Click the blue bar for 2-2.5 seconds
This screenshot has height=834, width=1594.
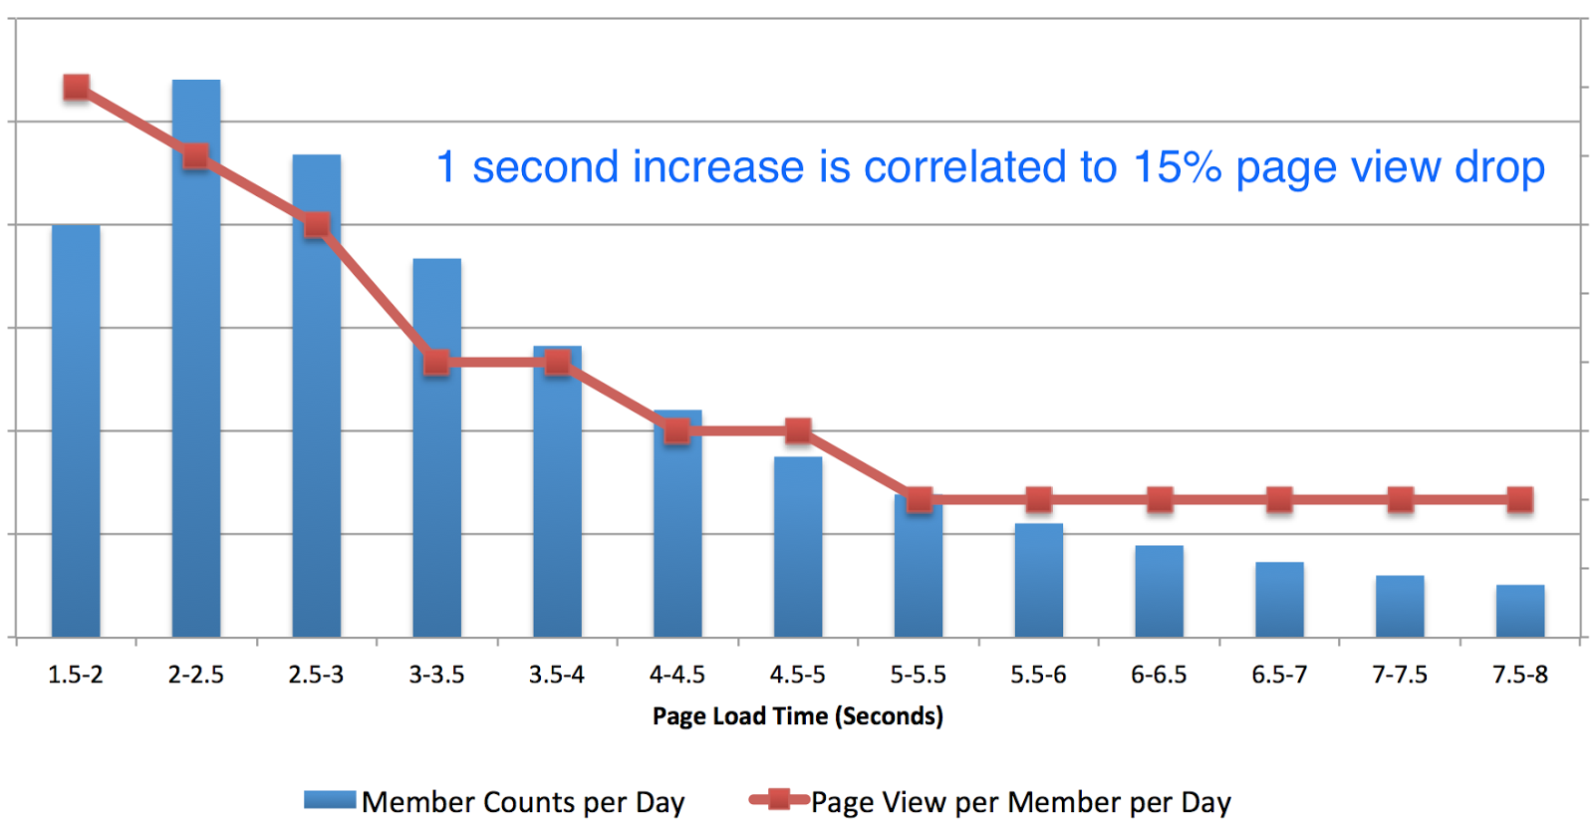tap(196, 399)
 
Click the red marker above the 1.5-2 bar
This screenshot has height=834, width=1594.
tap(76, 88)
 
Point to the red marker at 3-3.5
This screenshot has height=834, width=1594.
tap(436, 363)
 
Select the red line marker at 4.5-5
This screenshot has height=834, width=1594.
tap(798, 431)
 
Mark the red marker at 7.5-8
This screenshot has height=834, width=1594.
tap(1520, 499)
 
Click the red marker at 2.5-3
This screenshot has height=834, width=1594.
tap(317, 225)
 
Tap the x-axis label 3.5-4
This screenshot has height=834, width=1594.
tap(557, 675)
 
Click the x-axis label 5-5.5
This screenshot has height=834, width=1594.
tap(918, 675)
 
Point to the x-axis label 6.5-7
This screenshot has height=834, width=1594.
tap(1279, 675)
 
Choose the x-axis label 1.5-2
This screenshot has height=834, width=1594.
tap(76, 675)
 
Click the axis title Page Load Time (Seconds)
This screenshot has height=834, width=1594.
tap(797, 715)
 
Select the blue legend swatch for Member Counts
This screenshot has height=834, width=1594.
tap(330, 800)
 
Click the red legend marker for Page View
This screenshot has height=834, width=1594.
tap(779, 799)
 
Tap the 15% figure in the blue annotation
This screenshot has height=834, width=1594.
tap(1177, 167)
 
